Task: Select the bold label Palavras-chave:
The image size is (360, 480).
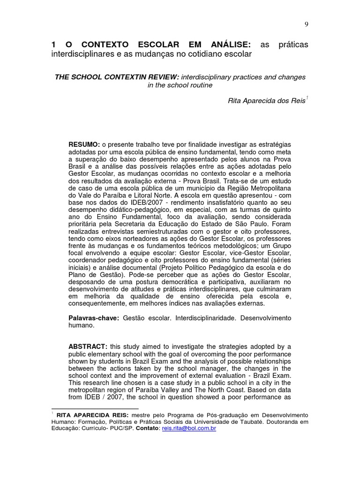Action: [94, 318]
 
